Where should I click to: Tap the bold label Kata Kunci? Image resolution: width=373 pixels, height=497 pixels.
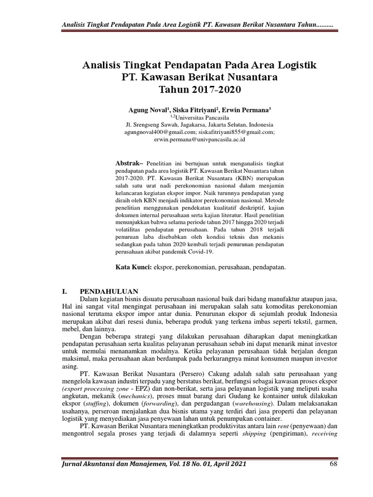coord(134,267)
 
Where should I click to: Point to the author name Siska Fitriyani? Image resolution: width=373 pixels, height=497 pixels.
coord(192,110)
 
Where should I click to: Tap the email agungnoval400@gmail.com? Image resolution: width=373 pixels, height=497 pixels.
coord(160,132)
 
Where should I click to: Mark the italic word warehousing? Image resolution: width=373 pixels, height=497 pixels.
coord(253,403)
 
